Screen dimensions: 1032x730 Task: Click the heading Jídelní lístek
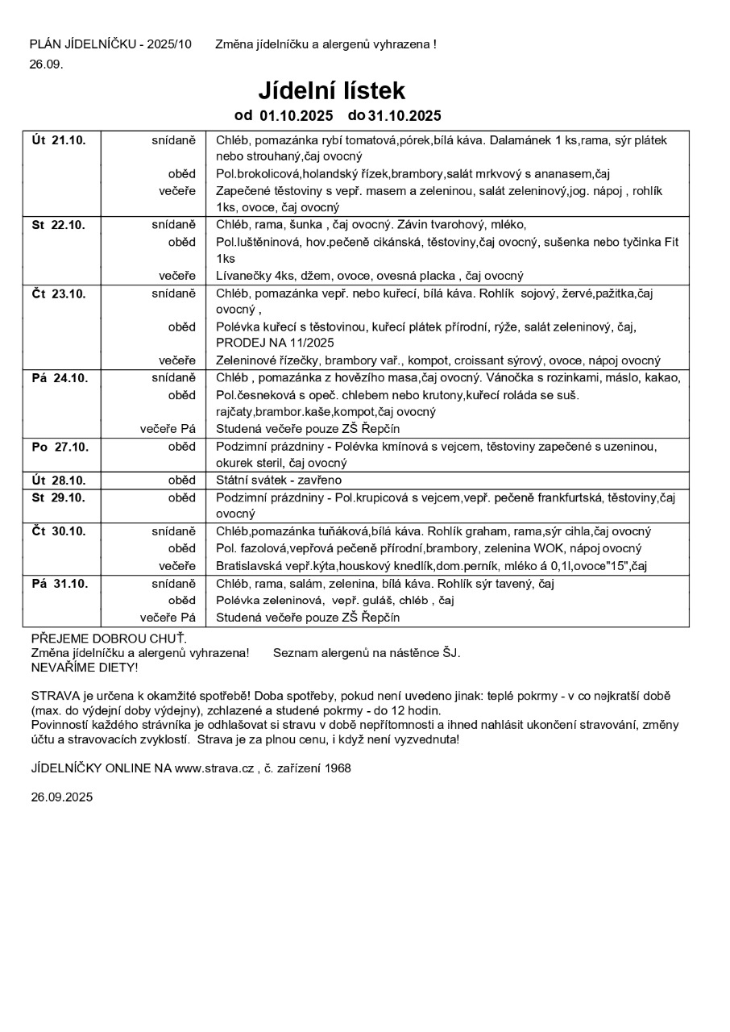(x=331, y=89)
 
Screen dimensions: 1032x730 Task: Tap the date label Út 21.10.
(x=59, y=139)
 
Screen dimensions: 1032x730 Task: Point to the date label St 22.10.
(x=59, y=224)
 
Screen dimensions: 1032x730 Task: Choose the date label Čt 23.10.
(x=59, y=293)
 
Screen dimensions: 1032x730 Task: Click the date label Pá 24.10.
(x=59, y=377)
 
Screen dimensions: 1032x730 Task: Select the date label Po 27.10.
(x=59, y=446)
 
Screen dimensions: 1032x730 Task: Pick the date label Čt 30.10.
(x=59, y=531)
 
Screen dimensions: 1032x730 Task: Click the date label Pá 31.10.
(x=59, y=583)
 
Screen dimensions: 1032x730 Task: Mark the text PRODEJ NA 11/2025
(x=263, y=343)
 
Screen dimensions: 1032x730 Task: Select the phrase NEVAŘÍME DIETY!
(x=85, y=668)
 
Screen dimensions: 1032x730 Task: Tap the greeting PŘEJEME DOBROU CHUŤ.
(x=108, y=638)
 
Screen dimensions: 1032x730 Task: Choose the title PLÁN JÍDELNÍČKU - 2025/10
(x=110, y=44)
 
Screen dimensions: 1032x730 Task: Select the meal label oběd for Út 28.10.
(x=182, y=480)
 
